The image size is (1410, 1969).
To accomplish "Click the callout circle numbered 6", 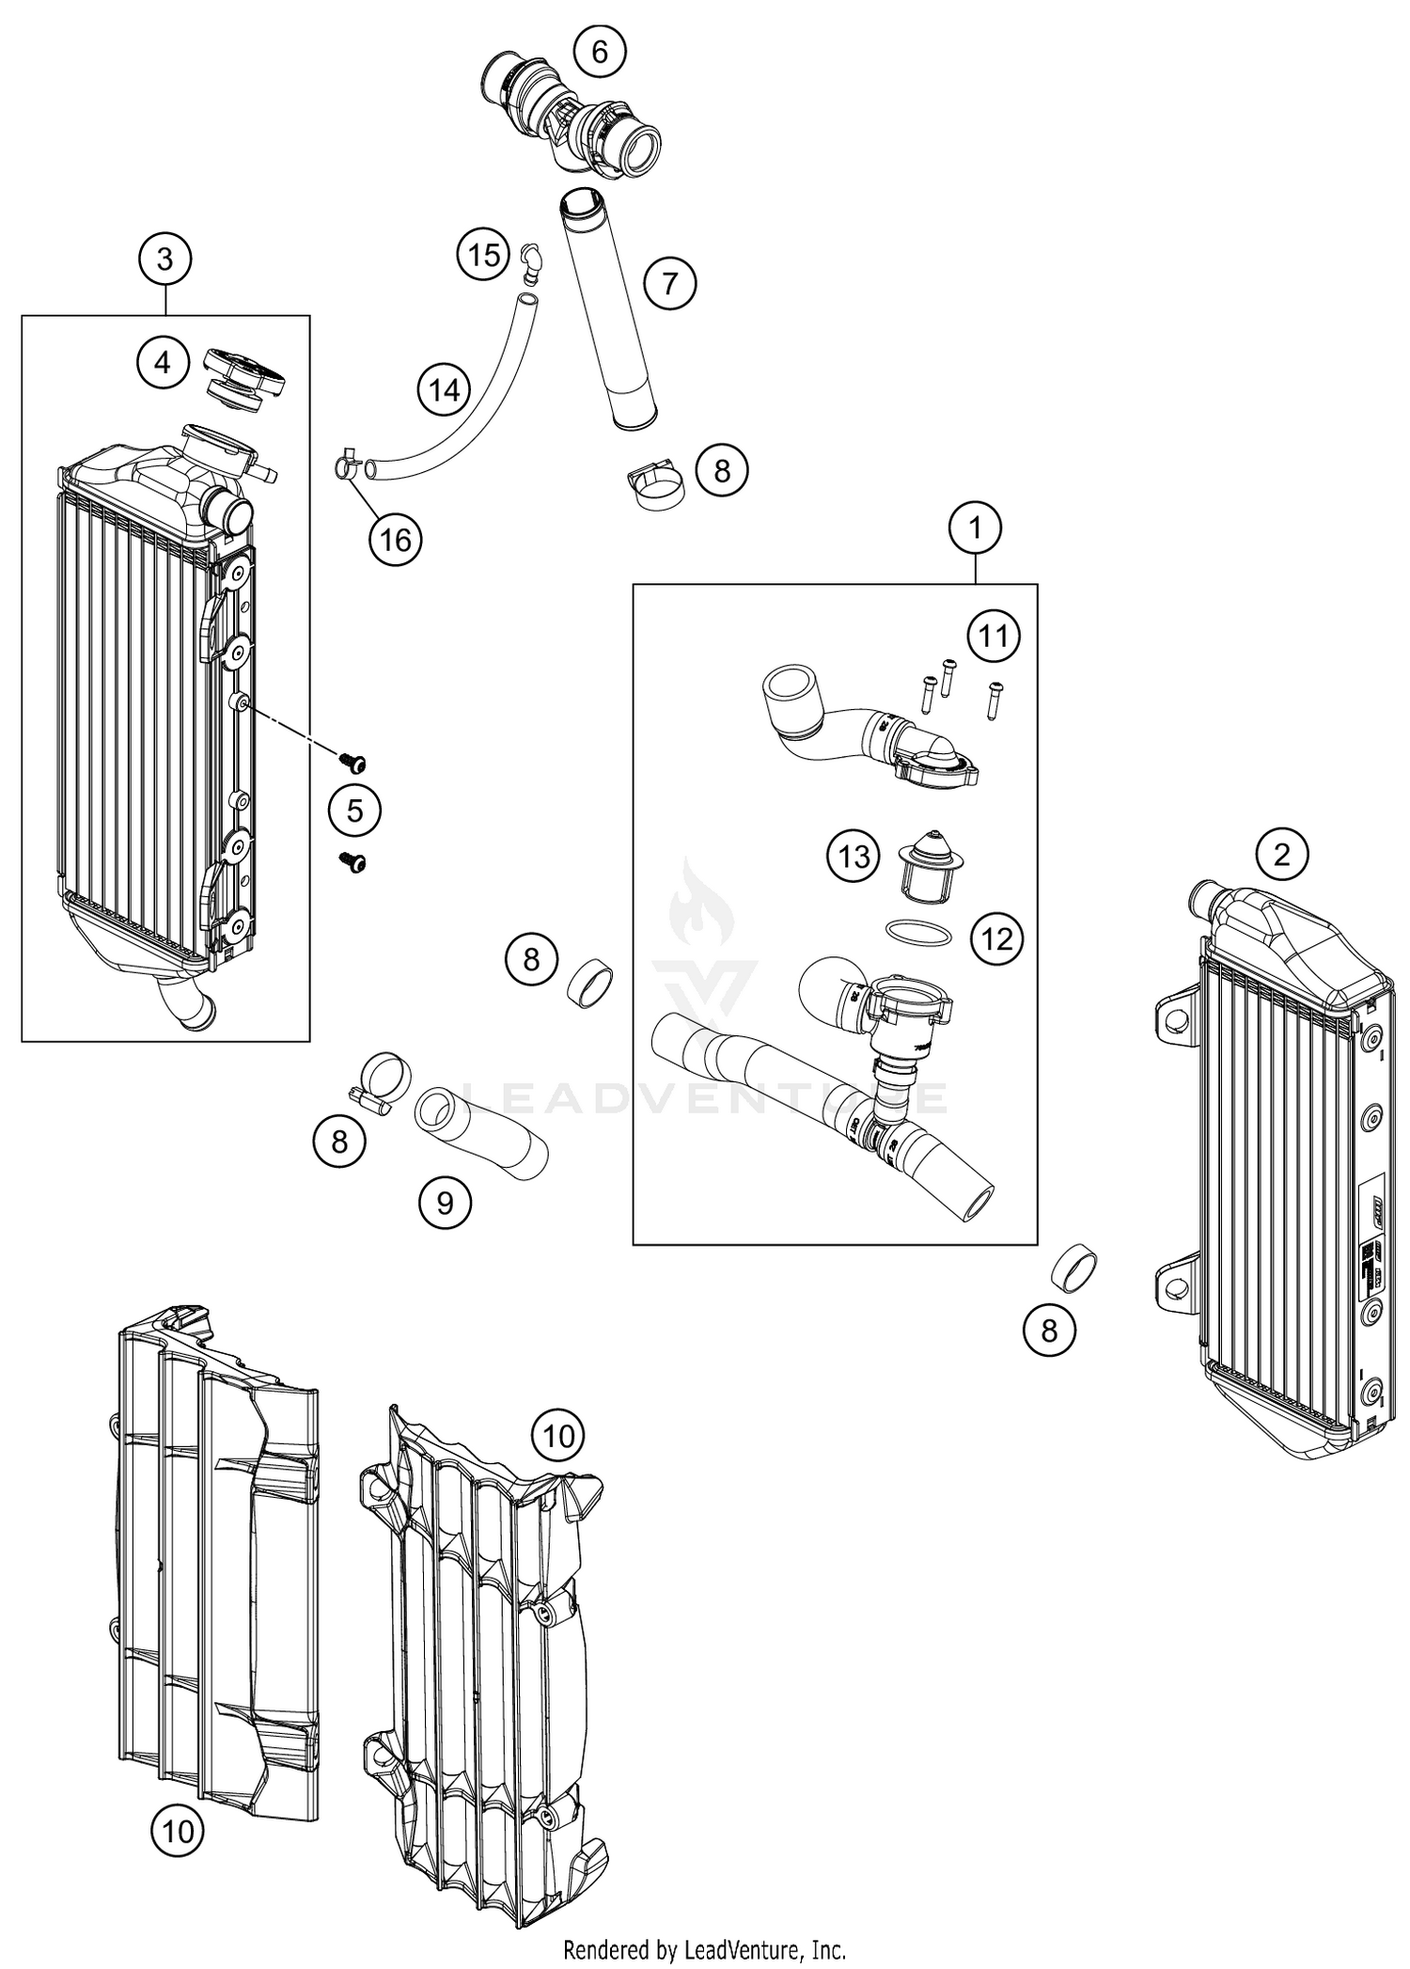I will coord(600,52).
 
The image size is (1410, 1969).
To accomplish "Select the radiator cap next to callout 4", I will coord(243,377).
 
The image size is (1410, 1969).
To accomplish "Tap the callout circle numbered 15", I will coord(484,254).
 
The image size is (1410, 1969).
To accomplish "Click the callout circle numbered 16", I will coord(396,540).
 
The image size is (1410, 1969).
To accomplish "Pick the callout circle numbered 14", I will coord(444,389).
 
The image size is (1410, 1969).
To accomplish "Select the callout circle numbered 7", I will coord(669,282).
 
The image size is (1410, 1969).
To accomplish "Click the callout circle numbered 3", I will coord(165,259).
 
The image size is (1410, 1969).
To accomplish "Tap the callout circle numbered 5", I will coord(354,810).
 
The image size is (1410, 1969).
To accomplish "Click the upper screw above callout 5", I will coord(353,762).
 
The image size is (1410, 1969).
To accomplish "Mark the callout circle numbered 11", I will coord(994,637).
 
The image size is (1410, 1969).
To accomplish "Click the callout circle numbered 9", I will coord(446,1202).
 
